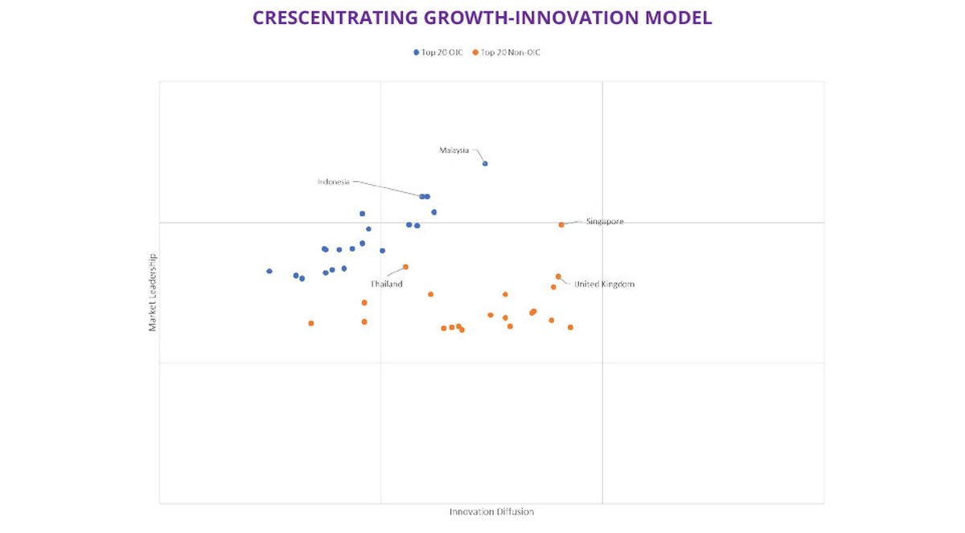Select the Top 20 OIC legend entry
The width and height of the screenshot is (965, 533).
(441, 52)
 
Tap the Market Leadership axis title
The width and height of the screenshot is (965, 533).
(152, 293)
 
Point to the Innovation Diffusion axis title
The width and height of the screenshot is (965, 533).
(491, 512)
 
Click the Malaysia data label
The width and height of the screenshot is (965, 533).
(454, 150)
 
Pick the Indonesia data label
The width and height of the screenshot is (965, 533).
(334, 182)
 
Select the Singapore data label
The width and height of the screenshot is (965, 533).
(605, 222)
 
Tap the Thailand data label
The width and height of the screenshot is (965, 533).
(386, 285)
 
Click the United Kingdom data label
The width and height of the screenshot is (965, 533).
(604, 285)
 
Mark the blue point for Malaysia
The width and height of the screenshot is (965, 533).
(485, 164)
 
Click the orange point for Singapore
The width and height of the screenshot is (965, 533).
(561, 225)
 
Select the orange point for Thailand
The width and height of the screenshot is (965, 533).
(405, 267)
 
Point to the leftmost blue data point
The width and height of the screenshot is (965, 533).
(269, 272)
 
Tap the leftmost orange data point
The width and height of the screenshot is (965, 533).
(311, 323)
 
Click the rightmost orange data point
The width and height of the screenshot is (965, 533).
(570, 327)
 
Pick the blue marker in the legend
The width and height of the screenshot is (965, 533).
(417, 52)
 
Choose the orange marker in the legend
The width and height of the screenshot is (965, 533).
(475, 52)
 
